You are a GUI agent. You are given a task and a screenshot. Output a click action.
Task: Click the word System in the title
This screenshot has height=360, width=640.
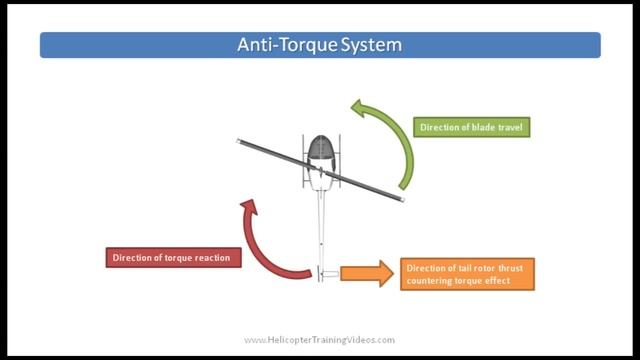coord(370,45)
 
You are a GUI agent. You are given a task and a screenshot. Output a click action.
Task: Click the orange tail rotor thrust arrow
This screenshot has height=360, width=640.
coord(366,273)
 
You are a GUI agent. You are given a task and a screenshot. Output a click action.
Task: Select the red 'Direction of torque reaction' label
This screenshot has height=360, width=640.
coord(172,257)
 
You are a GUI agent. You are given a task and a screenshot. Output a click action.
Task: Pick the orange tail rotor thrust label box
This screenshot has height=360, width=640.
coord(468,274)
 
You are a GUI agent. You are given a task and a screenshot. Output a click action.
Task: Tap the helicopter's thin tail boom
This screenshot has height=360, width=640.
coord(320,225)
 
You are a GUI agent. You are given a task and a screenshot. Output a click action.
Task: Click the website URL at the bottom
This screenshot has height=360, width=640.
coord(319,340)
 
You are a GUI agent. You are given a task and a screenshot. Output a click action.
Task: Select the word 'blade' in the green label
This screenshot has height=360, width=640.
coord(478,128)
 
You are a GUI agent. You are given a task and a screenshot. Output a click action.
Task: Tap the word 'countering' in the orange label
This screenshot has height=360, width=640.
coord(432,281)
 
